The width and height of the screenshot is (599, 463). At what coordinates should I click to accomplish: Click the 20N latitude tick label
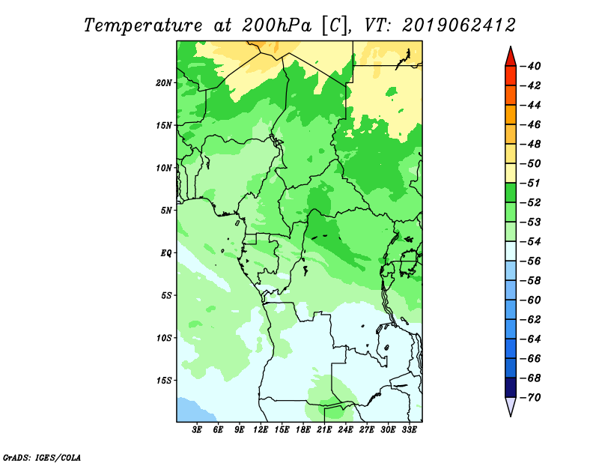pyautogui.click(x=164, y=83)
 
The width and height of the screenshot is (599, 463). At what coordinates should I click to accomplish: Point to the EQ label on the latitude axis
pyautogui.click(x=166, y=253)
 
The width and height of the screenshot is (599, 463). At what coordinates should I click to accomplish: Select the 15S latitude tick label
pyautogui.click(x=164, y=381)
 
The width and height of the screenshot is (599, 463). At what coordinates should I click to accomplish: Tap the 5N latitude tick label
pyautogui.click(x=166, y=211)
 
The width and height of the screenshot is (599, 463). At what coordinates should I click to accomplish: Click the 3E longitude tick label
pyautogui.click(x=197, y=430)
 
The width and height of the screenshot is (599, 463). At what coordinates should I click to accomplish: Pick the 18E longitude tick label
pyautogui.click(x=303, y=430)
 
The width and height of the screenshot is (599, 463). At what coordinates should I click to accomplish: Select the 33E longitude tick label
pyautogui.click(x=409, y=430)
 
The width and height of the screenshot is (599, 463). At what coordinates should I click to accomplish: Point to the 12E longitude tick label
pyautogui.click(x=261, y=430)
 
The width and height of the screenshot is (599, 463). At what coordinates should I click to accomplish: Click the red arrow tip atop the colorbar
pyautogui.click(x=511, y=46)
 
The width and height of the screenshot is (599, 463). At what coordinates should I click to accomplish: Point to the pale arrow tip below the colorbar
pyautogui.click(x=511, y=417)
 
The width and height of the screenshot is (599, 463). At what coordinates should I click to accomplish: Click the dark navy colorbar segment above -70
pyautogui.click(x=511, y=387)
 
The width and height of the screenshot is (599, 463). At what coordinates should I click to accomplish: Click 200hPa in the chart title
pyautogui.click(x=277, y=25)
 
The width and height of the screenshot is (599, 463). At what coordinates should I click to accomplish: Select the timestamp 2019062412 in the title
pyautogui.click(x=459, y=25)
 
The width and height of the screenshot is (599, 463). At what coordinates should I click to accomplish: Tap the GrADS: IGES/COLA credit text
pyautogui.click(x=42, y=458)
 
